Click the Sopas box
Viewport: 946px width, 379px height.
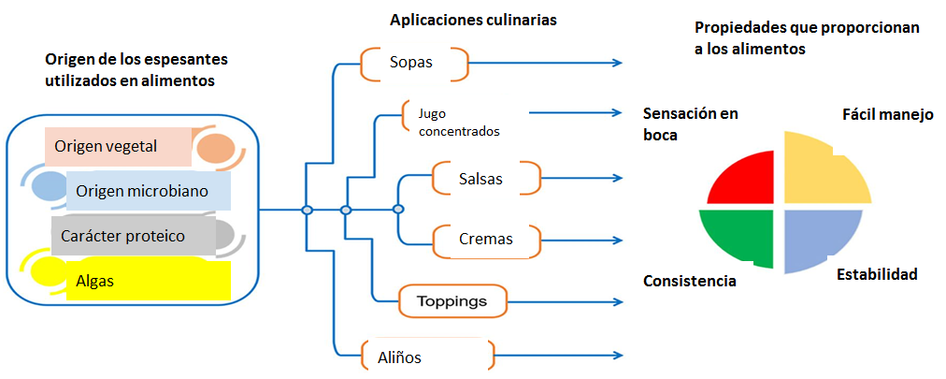click(x=413, y=64)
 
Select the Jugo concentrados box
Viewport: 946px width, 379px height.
click(x=447, y=123)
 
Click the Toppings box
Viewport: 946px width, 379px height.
click(x=452, y=301)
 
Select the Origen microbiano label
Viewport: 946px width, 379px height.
click(x=149, y=191)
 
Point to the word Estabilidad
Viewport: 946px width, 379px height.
click(x=876, y=274)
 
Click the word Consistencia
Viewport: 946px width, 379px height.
click(x=689, y=281)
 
